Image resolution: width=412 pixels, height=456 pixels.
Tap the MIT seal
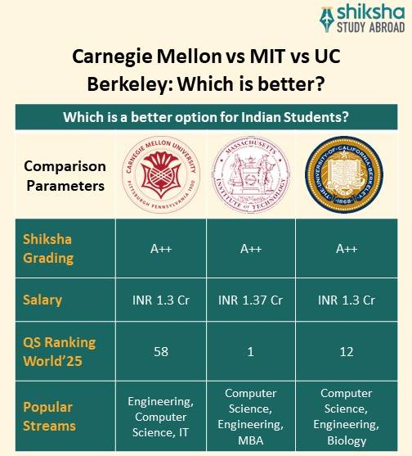pos(250,174)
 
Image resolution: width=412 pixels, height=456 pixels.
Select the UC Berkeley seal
pos(346,174)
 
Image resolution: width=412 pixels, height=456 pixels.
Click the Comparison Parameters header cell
pos(65,175)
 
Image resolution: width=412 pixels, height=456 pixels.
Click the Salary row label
pos(43,300)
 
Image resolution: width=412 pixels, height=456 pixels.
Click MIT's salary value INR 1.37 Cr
pos(250,300)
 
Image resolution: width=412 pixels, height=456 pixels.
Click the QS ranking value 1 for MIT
pos(250,351)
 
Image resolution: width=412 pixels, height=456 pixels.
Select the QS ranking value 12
pos(346,351)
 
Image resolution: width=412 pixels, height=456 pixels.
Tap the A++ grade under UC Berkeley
pos(346,249)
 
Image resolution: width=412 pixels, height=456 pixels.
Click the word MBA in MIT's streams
pos(250,440)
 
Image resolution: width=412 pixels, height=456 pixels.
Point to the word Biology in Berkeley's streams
pos(346,440)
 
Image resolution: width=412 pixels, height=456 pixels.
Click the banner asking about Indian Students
pos(206,116)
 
